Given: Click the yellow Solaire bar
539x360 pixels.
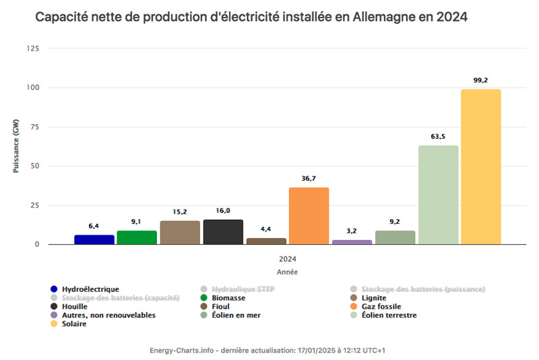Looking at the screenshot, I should pos(480,167).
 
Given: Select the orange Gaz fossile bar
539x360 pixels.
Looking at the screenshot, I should pos(309,216).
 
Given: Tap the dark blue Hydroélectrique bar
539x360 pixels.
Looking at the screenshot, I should pos(94,239).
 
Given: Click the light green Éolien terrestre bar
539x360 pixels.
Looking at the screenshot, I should pos(438,195).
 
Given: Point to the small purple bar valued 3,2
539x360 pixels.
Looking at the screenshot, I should pos(352,241).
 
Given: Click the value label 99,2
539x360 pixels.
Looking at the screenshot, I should pos(480,80).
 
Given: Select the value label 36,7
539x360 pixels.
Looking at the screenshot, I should pos(309,178).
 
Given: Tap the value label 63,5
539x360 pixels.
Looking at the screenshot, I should pos(438,136).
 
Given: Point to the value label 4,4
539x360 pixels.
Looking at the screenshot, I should pos(265,229).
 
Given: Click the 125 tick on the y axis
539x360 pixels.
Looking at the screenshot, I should pos(32,49).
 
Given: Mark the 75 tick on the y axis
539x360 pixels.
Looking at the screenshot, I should pos(34,127).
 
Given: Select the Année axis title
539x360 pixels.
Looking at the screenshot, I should pos(287,272).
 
